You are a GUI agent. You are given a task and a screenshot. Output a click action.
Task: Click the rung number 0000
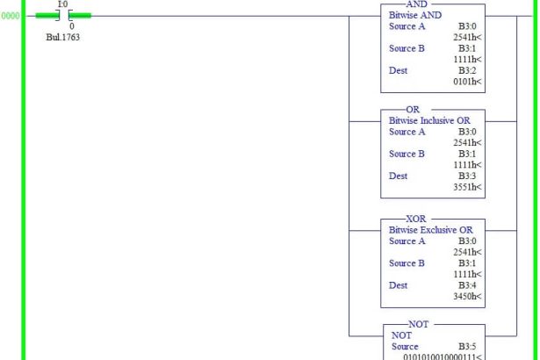point(10,15)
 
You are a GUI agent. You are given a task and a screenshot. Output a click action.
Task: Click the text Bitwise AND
point(416,16)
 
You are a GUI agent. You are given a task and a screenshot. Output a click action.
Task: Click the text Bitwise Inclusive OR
point(428,121)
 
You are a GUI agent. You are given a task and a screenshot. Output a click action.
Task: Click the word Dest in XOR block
point(400,284)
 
